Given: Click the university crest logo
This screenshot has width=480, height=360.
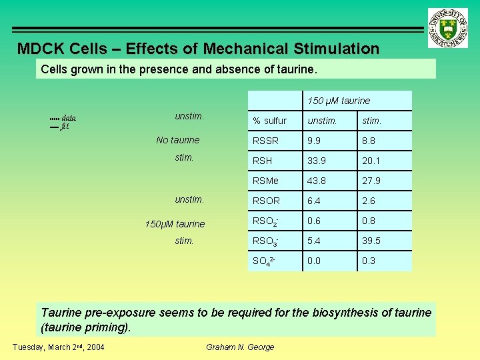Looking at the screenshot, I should click(449, 28).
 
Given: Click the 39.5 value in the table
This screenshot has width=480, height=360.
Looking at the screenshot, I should click(371, 241).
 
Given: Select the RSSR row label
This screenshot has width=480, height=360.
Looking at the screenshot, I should click(264, 141).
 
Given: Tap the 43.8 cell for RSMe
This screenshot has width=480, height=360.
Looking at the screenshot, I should click(317, 181).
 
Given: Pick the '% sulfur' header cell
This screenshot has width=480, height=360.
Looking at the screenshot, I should click(269, 121).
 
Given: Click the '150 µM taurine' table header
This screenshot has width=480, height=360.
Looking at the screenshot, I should click(338, 101).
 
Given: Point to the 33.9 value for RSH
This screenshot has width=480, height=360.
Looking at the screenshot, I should click(317, 161).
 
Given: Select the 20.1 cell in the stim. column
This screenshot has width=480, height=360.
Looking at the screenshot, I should click(371, 161).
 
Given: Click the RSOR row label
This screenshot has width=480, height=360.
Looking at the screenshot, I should click(266, 201).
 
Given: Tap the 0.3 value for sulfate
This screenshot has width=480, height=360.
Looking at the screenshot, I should click(369, 261).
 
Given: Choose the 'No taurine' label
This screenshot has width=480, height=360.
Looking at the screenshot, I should click(177, 140).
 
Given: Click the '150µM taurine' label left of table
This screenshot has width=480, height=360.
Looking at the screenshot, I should click(175, 224).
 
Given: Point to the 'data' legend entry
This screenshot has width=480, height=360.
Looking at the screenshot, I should click(69, 118).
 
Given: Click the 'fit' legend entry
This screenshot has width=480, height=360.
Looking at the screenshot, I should click(65, 126).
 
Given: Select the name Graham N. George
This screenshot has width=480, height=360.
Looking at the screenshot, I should click(240, 347).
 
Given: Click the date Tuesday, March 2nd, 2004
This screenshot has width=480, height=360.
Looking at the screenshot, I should click(59, 347).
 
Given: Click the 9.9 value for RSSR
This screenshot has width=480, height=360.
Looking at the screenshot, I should click(315, 141).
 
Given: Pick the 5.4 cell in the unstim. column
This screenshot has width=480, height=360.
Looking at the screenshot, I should click(315, 241).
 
